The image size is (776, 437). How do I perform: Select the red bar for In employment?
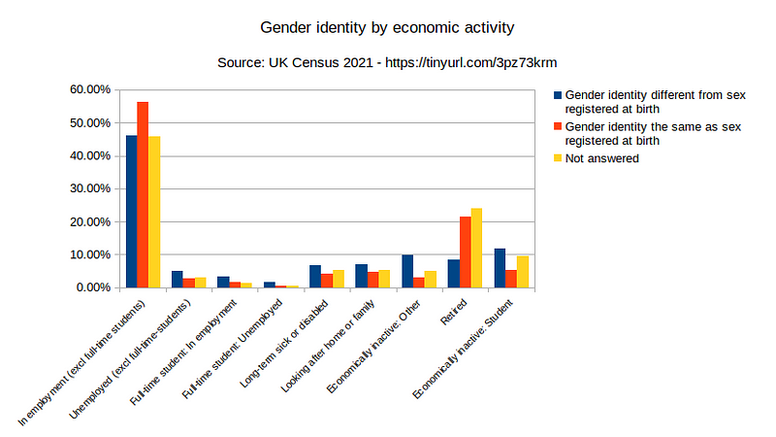click(143, 194)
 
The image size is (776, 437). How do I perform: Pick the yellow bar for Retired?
click(476, 248)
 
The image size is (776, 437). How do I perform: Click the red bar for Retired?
click(465, 252)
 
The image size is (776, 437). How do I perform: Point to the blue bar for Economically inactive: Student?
click(500, 268)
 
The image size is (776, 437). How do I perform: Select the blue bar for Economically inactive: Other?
click(407, 271)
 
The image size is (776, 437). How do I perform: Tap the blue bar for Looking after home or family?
click(361, 276)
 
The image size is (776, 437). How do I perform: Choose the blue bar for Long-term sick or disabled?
click(315, 276)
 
